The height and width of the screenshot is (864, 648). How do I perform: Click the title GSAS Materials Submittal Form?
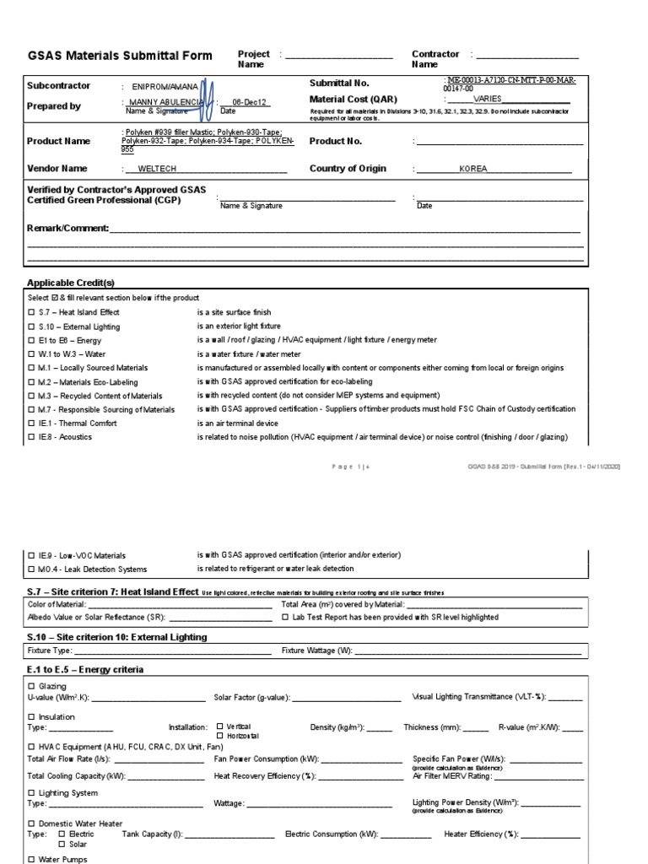point(120,57)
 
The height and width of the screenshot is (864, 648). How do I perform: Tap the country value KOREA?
point(472,169)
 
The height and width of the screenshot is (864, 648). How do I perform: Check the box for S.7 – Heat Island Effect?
point(31,312)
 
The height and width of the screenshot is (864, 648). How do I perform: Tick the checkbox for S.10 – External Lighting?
point(31,326)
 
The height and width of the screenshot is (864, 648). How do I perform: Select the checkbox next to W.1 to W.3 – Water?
point(31,354)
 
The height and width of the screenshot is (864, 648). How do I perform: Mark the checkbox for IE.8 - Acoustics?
point(31,437)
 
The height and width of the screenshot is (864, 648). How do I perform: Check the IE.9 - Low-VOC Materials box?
point(31,555)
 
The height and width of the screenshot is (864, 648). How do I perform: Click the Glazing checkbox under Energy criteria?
point(31,686)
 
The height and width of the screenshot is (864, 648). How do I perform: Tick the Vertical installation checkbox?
point(219,726)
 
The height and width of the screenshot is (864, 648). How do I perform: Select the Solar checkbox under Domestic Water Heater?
point(61,844)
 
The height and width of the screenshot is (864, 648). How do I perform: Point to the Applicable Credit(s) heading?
point(71,282)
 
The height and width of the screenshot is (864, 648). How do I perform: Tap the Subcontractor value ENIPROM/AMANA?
point(165,86)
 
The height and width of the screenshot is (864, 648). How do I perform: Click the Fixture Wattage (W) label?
point(317,651)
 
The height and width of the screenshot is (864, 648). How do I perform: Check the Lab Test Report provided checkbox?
point(284,617)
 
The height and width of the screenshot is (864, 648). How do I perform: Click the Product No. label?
point(335,142)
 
